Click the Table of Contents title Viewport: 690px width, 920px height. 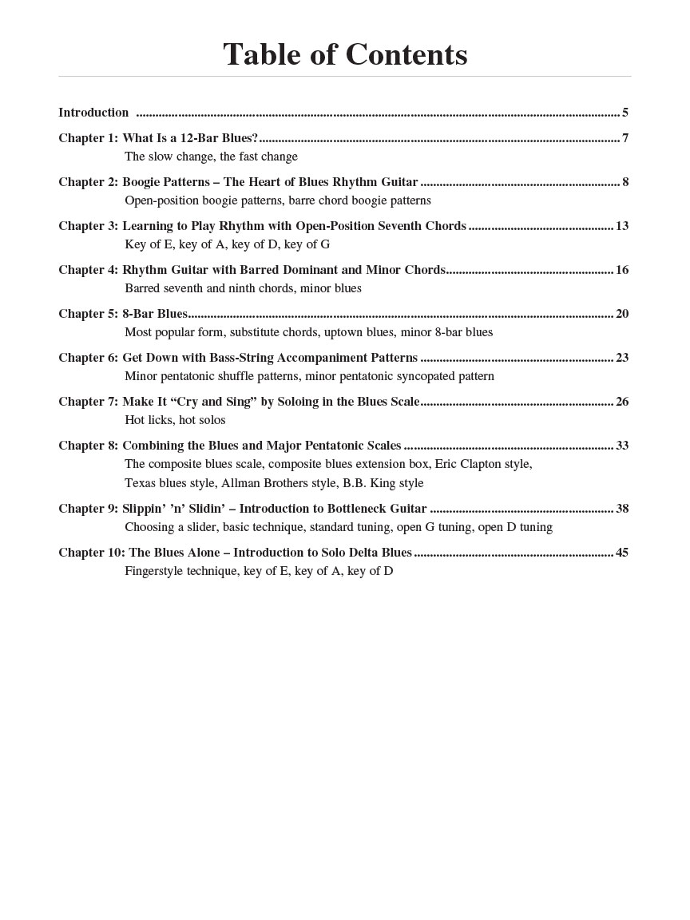(x=345, y=55)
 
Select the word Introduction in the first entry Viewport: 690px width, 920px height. (x=93, y=113)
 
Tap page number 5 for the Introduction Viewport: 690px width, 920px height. (x=625, y=113)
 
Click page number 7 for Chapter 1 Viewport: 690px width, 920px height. (x=625, y=138)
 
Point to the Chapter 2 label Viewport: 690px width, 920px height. (x=88, y=182)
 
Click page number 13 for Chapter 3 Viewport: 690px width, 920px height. (x=622, y=226)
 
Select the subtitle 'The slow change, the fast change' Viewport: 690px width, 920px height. (x=211, y=157)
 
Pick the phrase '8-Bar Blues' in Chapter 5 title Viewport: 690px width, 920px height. (x=155, y=314)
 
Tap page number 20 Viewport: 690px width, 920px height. (x=622, y=314)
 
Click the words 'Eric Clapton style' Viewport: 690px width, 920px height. (x=483, y=464)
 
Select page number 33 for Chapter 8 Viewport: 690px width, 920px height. (x=622, y=446)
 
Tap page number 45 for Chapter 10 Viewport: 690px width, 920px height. (x=622, y=553)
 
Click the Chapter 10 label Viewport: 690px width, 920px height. (x=91, y=553)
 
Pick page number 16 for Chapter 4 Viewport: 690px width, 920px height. (x=622, y=270)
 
